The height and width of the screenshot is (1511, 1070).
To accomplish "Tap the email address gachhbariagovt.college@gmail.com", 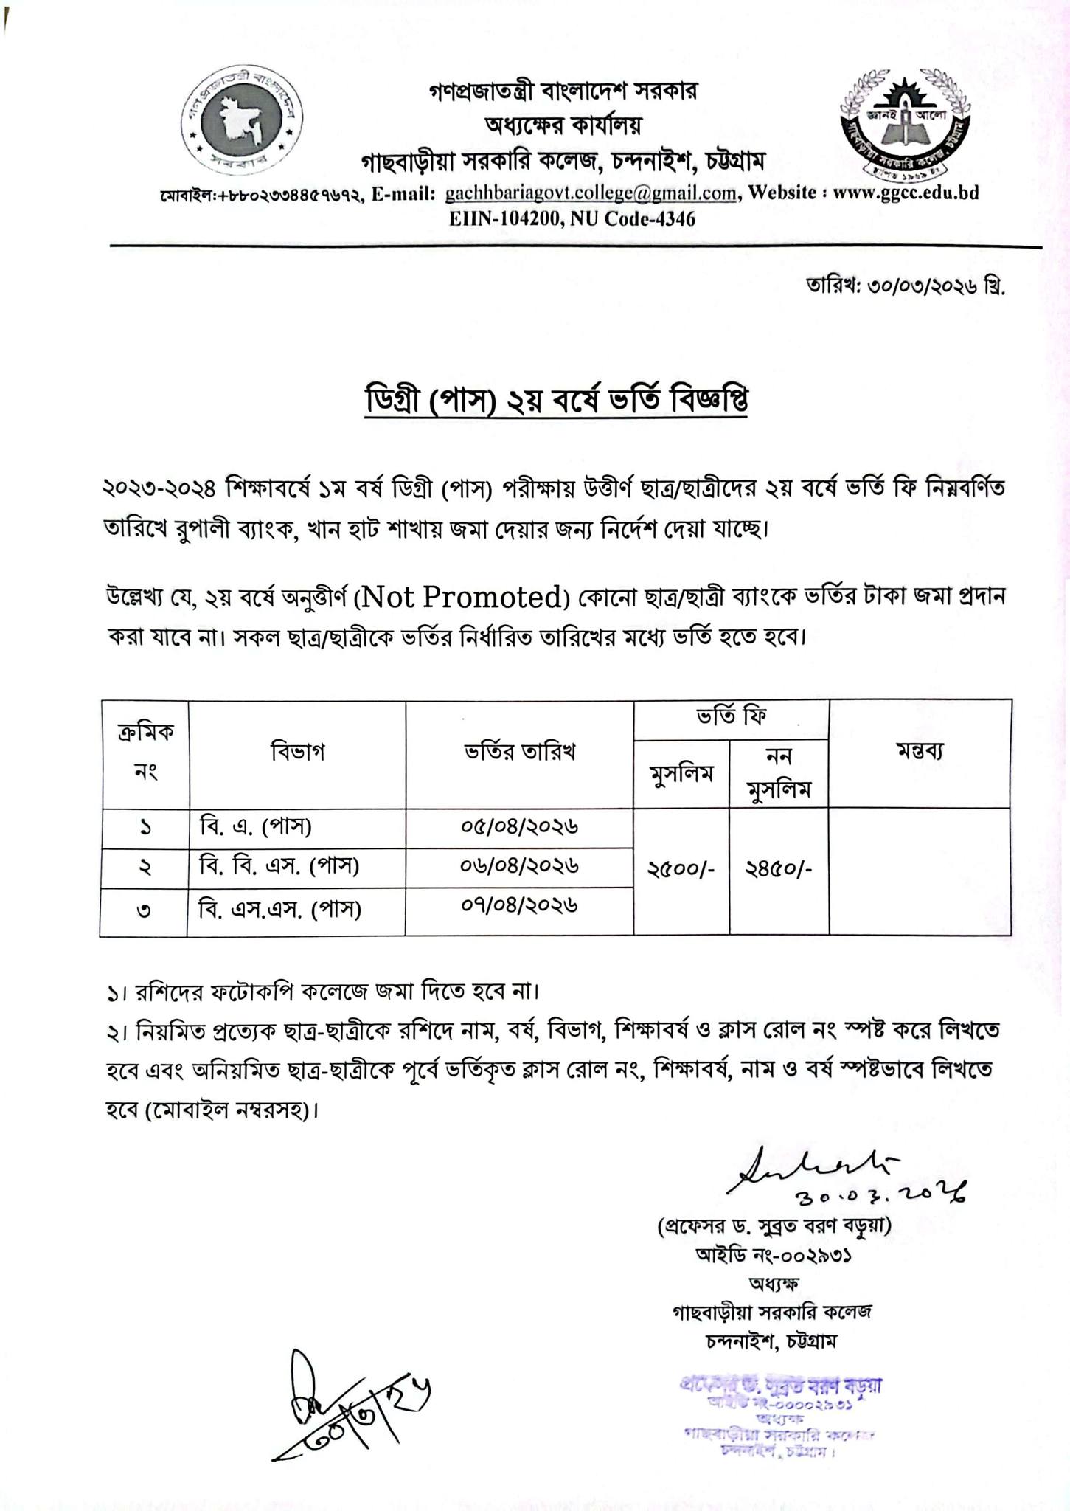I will [591, 193].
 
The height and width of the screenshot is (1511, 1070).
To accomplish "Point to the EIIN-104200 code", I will [499, 219].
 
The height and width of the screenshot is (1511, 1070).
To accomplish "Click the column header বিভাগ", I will [297, 752].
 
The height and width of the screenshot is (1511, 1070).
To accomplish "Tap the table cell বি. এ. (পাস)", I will [255, 827].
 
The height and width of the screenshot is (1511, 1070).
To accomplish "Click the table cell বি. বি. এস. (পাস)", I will [279, 866].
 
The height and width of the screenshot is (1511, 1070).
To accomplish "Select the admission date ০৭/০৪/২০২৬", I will [519, 905].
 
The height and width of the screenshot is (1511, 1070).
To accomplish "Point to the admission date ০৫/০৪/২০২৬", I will [519, 827].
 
